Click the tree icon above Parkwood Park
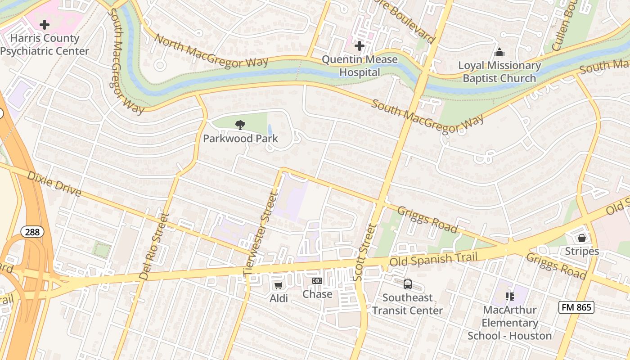point(240,125)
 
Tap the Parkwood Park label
point(240,139)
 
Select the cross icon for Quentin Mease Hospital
point(359,46)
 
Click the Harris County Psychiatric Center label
point(44,45)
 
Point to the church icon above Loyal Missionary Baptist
point(499,53)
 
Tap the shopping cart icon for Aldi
point(279,285)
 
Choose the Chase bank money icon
point(317,281)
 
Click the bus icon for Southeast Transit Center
point(407,284)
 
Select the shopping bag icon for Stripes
point(582,238)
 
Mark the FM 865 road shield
point(576,308)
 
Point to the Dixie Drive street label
point(54,184)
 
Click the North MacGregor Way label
point(211,51)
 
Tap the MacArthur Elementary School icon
point(510,297)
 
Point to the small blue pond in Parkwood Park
point(269,130)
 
